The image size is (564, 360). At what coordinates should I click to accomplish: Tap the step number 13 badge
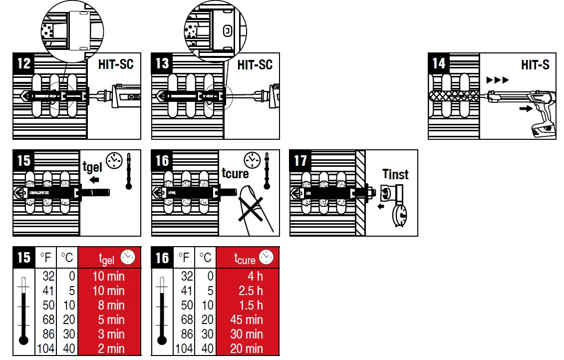point(162,64)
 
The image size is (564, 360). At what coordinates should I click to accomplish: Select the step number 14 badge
point(439,64)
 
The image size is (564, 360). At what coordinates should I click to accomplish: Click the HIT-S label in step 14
point(535,64)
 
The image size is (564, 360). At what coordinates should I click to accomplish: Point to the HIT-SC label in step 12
point(116,64)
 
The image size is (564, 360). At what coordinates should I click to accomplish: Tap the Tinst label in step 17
point(395,175)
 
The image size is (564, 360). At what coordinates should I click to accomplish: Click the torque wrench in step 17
point(397,205)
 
